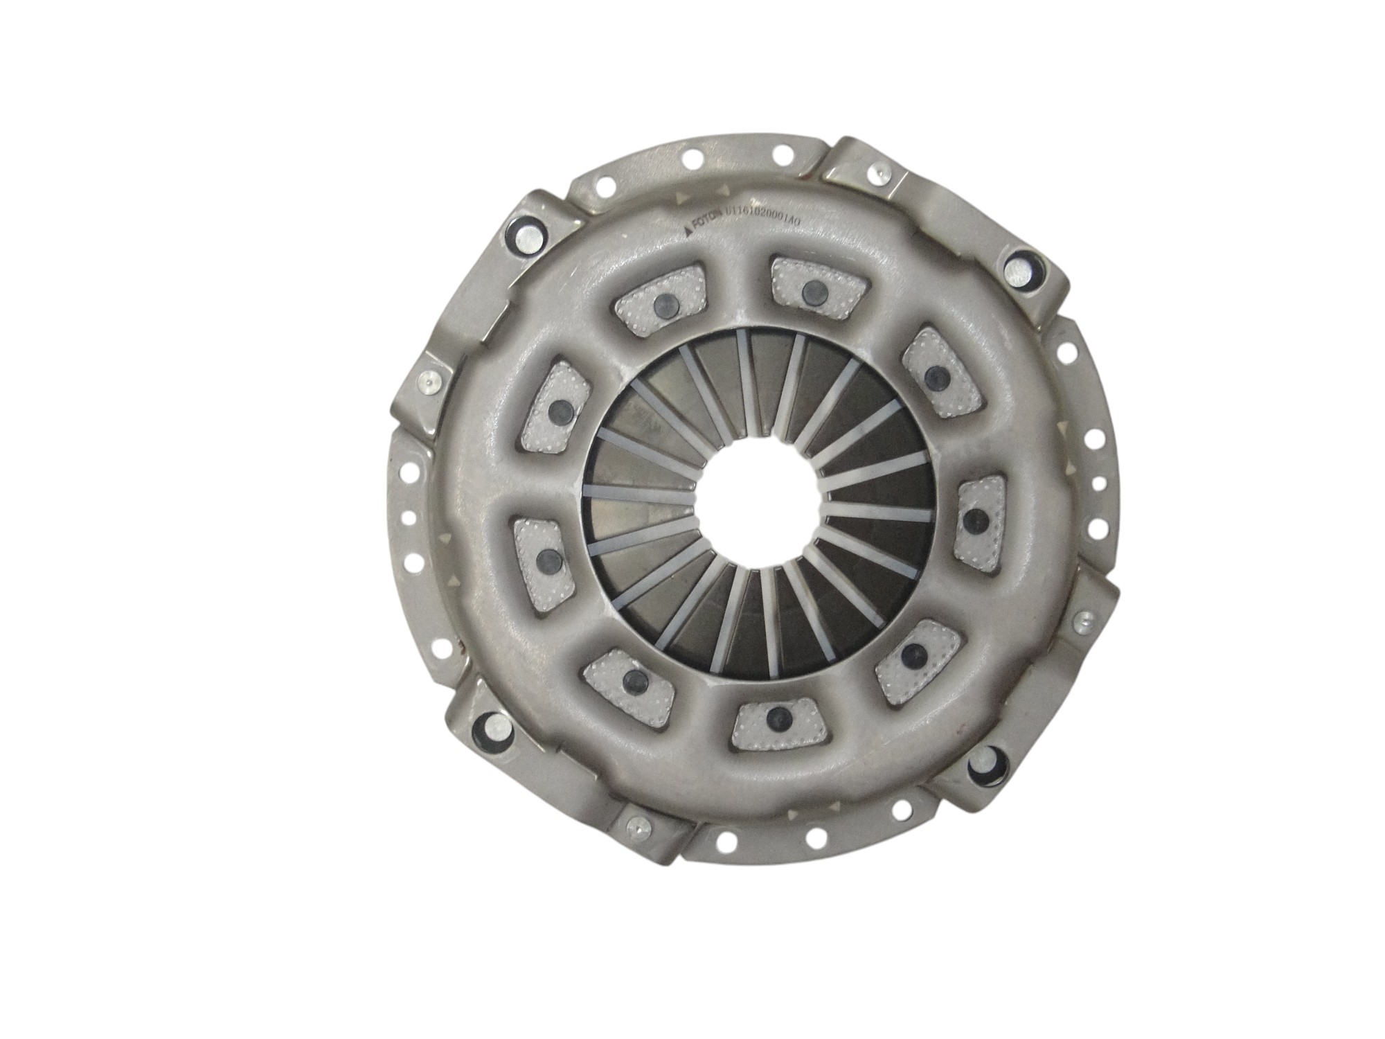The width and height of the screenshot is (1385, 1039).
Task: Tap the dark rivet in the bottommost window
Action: (773, 714)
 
